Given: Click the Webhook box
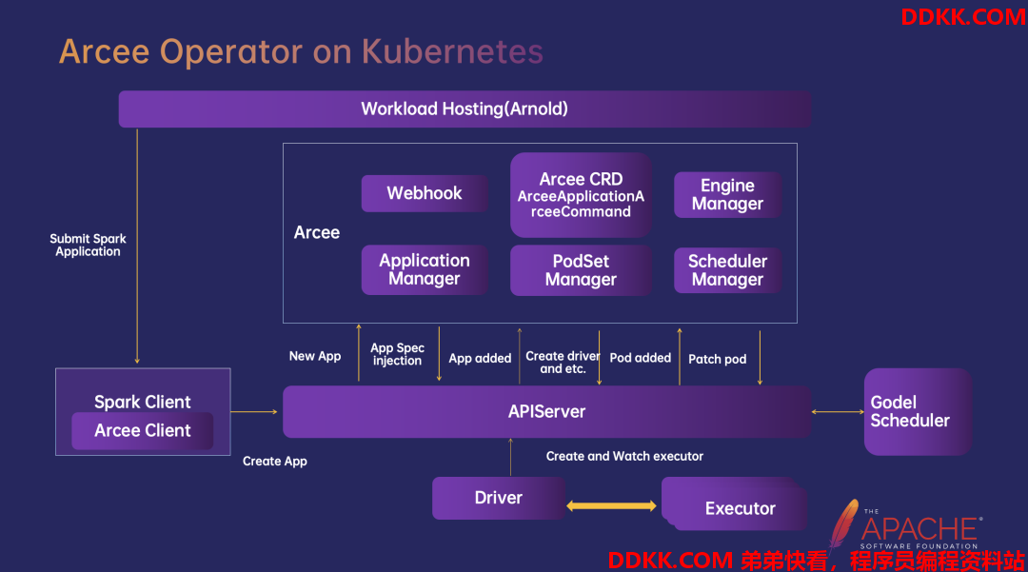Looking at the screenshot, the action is (x=425, y=193).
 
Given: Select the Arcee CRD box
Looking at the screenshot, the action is (x=581, y=194).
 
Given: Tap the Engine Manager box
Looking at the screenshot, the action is (x=728, y=194).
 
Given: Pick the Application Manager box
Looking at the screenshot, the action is (x=425, y=269).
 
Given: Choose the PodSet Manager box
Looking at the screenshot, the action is (x=581, y=270).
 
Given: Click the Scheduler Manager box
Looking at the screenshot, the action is (x=728, y=270).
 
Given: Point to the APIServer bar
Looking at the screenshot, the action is (x=546, y=411).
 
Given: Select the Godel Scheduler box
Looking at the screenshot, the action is (x=918, y=411).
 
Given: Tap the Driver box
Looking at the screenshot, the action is (x=498, y=498).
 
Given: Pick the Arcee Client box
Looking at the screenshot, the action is (x=142, y=430).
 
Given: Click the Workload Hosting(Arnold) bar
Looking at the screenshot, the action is (x=465, y=108).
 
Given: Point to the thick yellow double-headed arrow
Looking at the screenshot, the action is (x=611, y=505).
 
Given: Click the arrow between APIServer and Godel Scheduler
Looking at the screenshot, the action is (x=838, y=411).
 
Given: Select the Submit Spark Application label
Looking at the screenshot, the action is (x=88, y=245).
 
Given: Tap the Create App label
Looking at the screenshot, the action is (x=275, y=462).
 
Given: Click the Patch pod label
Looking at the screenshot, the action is (x=718, y=359).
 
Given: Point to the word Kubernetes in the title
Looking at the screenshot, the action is (x=452, y=51).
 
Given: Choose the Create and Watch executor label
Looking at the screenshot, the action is (x=624, y=456).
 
